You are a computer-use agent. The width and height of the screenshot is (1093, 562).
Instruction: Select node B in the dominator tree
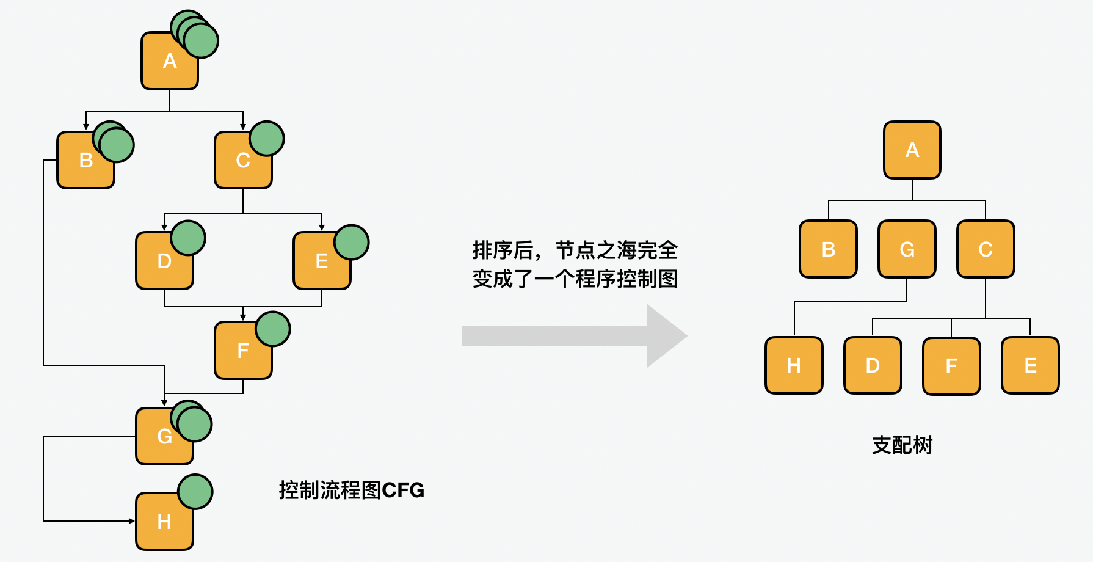tap(828, 249)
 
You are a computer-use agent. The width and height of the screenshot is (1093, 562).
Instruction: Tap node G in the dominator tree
tap(907, 249)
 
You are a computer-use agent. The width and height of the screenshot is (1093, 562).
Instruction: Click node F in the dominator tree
tap(951, 366)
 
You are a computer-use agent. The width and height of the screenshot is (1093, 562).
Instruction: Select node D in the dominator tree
tap(873, 365)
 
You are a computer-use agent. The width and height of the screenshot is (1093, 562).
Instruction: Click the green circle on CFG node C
tap(267, 139)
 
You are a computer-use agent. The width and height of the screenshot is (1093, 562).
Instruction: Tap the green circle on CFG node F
tap(273, 329)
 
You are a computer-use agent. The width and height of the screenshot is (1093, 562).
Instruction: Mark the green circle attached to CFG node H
tap(195, 492)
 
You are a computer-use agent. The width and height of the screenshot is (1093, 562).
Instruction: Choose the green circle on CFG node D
tap(188, 238)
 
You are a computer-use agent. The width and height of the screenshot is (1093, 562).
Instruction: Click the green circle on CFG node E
tap(352, 243)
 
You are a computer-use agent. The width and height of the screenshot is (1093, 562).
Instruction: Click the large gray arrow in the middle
tap(574, 336)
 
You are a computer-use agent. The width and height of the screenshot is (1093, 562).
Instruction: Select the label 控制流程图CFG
tap(351, 490)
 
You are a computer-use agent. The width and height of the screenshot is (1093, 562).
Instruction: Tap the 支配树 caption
tap(902, 445)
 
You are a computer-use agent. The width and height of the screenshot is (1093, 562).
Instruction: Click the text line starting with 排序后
tap(575, 250)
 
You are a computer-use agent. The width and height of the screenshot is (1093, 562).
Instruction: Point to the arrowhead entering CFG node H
tap(131, 521)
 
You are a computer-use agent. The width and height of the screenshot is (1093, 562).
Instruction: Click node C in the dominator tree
tap(986, 249)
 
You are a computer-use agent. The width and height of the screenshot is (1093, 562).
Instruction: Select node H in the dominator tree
tap(794, 365)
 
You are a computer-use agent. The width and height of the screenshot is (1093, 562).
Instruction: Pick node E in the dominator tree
tap(1030, 365)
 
